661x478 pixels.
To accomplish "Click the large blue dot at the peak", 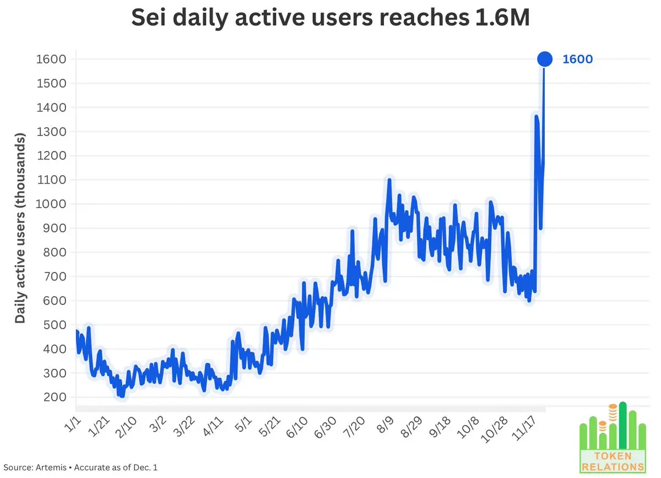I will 544,59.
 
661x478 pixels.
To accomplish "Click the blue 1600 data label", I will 577,60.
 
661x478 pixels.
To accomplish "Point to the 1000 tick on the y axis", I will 51,204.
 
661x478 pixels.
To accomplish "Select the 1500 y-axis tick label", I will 51,83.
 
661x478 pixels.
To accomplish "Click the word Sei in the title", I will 149,19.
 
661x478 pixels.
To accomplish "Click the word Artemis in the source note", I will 54,468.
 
